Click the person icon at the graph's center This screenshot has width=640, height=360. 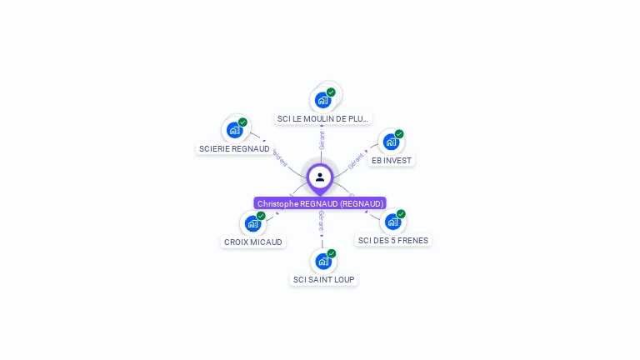click(320, 177)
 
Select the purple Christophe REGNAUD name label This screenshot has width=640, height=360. click(320, 203)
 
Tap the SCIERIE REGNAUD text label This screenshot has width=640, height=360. click(234, 148)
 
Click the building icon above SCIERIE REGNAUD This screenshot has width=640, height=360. click(235, 131)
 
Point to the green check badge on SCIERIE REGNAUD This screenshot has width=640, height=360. click(242, 122)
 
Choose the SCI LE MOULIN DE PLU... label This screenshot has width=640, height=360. click(322, 118)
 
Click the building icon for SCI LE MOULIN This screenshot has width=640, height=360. click(322, 100)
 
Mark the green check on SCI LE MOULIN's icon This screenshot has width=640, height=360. click(331, 92)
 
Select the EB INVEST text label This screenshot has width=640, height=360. click(392, 160)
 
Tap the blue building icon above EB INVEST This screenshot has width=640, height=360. click(391, 142)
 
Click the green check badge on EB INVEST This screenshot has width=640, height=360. click(399, 134)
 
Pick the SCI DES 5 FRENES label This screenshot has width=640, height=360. click(392, 240)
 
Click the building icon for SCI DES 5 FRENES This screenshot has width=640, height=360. click(392, 222)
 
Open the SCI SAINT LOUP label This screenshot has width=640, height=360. click(324, 279)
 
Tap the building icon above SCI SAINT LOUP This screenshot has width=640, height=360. click(323, 262)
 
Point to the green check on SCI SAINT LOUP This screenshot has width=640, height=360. click(332, 253)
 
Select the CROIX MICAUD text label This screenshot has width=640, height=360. click(253, 242)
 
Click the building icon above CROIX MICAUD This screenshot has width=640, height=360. click(252, 224)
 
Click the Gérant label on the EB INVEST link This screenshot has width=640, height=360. click(357, 161)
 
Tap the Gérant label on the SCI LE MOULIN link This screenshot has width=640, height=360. click(322, 140)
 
